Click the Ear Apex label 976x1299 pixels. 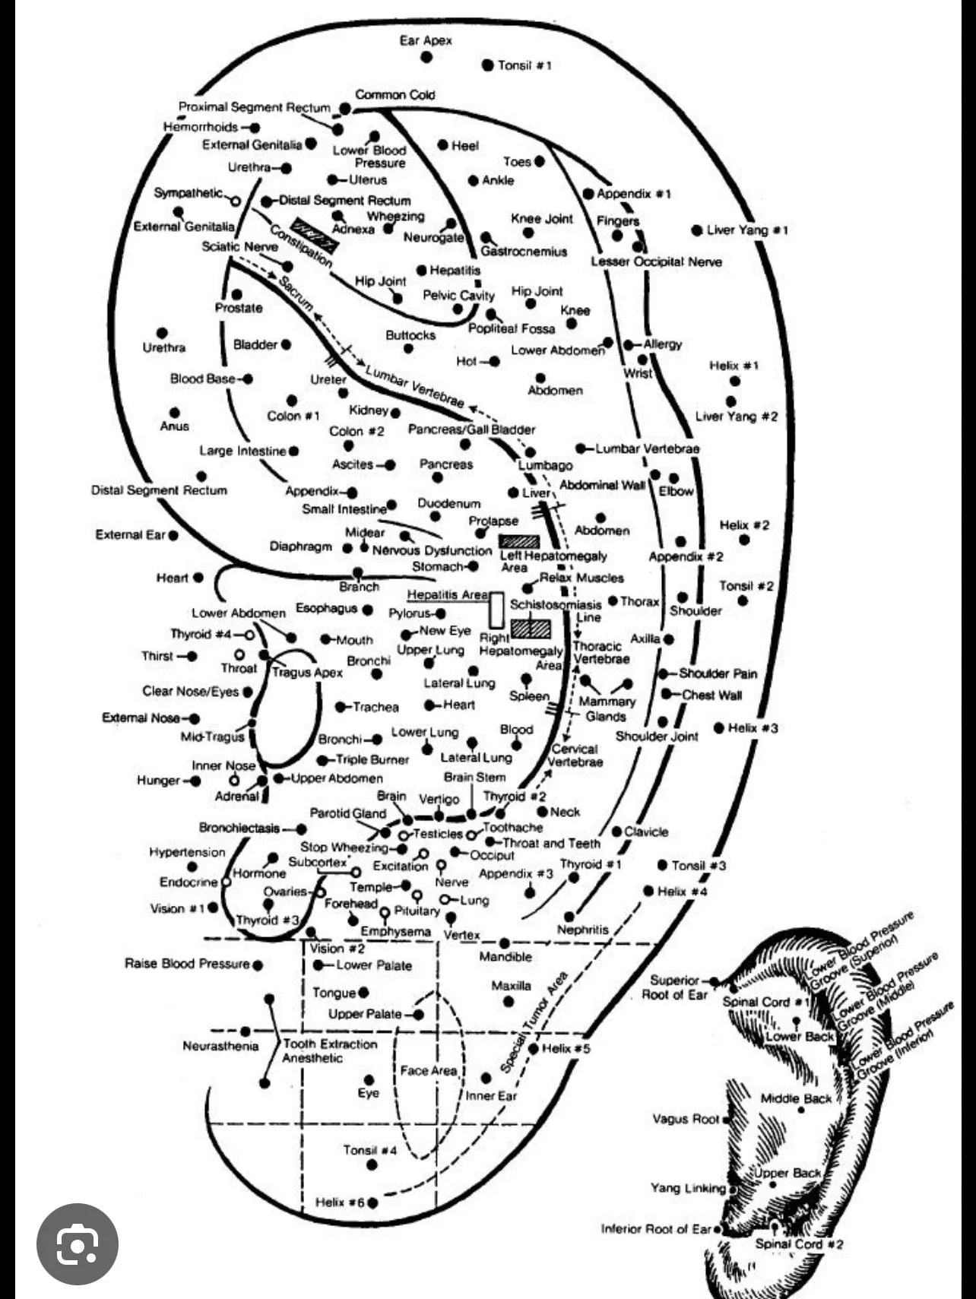pos(425,40)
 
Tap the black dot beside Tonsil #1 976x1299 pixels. pos(487,65)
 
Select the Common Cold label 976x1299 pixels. pos(395,95)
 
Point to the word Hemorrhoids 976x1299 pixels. pos(201,127)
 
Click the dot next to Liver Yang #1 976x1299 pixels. pos(696,230)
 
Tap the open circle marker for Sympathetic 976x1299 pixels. pos(235,201)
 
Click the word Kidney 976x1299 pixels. pos(369,410)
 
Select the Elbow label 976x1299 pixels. pos(676,492)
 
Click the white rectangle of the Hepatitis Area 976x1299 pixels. pos(496,609)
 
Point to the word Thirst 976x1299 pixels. pos(157,656)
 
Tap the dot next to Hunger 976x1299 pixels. pos(196,781)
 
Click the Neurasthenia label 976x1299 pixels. pos(220,1047)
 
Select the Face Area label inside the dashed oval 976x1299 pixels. pos(429,1070)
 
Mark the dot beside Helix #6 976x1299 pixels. pos(372,1203)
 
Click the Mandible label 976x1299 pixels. pos(505,957)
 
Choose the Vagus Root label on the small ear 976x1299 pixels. pos(685,1119)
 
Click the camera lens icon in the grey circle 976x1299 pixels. pos(77,1244)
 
